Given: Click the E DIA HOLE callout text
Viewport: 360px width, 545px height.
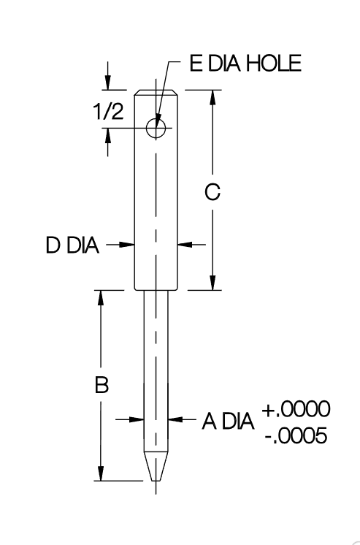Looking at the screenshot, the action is click(245, 64).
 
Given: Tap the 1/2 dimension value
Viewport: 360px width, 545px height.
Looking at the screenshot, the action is click(108, 112).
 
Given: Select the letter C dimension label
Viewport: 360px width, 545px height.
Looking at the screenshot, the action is click(212, 192).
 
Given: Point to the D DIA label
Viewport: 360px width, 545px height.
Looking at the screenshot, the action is click(72, 245).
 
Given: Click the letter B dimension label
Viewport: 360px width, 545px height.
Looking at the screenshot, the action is click(102, 384).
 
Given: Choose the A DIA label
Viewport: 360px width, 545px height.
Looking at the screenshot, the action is click(228, 422).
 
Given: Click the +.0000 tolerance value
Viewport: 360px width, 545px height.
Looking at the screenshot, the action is click(296, 409).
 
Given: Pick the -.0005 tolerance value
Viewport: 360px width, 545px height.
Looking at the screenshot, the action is click(296, 435).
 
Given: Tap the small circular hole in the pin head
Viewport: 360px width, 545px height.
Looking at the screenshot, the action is click(156, 128).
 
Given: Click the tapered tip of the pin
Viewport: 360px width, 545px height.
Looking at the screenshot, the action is click(156, 466).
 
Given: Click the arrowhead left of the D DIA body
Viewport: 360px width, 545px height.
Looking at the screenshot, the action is click(127, 245).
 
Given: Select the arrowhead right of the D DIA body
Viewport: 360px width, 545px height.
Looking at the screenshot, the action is click(185, 245).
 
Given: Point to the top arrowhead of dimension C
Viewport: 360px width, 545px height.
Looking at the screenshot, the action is click(212, 98).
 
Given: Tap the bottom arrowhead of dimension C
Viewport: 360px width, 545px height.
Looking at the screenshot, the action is click(212, 282).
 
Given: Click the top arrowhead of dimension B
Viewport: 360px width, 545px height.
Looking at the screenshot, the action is click(101, 298).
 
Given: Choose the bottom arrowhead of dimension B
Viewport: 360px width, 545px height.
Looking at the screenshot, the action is click(101, 473).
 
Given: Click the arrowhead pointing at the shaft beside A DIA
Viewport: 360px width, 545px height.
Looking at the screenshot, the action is click(176, 419).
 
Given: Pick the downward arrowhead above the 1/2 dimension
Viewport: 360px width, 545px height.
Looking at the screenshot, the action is click(108, 83).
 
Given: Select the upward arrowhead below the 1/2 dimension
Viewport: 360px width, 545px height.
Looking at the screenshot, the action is click(108, 136).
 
